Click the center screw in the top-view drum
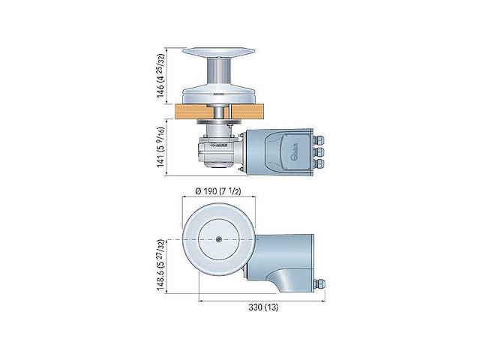[x=217, y=240]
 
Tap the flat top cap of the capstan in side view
[x=217, y=53]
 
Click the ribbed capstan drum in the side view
[x=217, y=76]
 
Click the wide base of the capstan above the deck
[x=217, y=95]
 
